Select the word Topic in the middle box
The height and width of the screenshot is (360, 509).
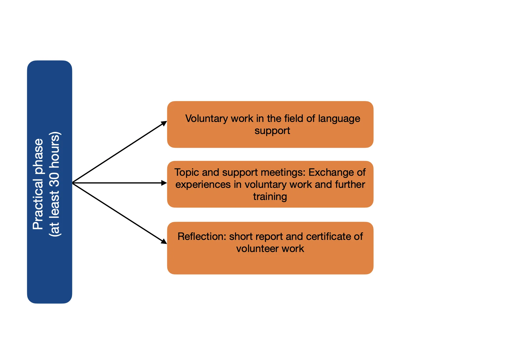click(187, 172)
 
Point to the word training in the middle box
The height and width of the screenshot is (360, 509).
click(270, 197)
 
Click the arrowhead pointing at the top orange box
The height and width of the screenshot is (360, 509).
click(164, 123)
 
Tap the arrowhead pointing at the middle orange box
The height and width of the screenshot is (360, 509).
click(164, 183)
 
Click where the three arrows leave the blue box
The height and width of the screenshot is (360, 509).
click(73, 183)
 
